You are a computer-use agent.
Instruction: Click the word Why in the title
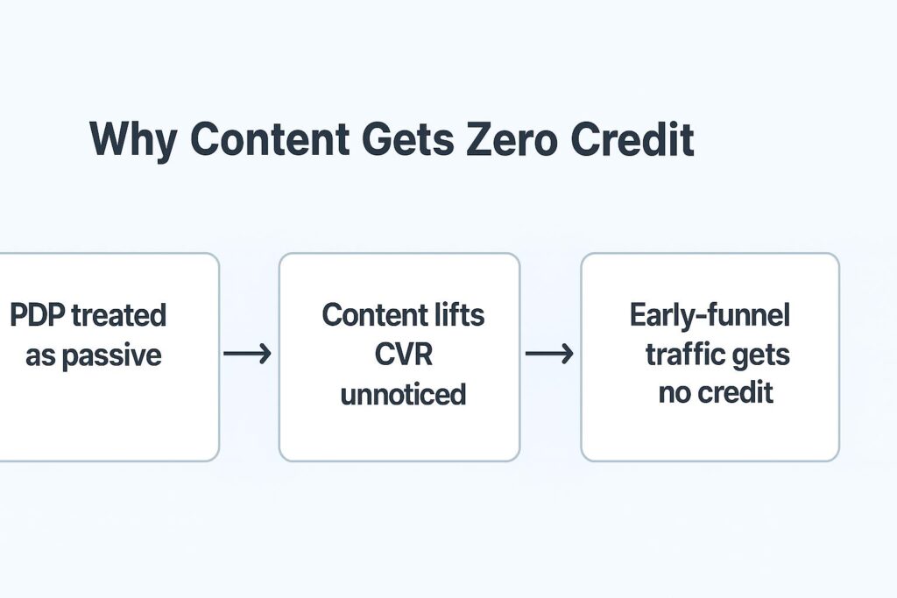pyautogui.click(x=133, y=139)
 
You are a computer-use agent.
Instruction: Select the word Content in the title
pyautogui.click(x=270, y=138)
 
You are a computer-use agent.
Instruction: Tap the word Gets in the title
pyautogui.click(x=408, y=138)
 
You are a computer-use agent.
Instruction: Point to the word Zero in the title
pyautogui.click(x=512, y=138)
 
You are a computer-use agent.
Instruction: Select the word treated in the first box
pyautogui.click(x=118, y=315)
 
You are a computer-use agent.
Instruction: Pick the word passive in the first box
pyautogui.click(x=111, y=356)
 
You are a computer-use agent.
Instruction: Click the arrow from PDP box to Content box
pyautogui.click(x=247, y=354)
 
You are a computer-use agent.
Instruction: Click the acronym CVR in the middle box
pyautogui.click(x=403, y=355)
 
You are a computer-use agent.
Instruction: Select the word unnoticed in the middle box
pyautogui.click(x=403, y=395)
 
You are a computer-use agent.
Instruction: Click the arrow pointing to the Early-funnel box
pyautogui.click(x=549, y=354)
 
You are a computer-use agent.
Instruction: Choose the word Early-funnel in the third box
pyautogui.click(x=710, y=315)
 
